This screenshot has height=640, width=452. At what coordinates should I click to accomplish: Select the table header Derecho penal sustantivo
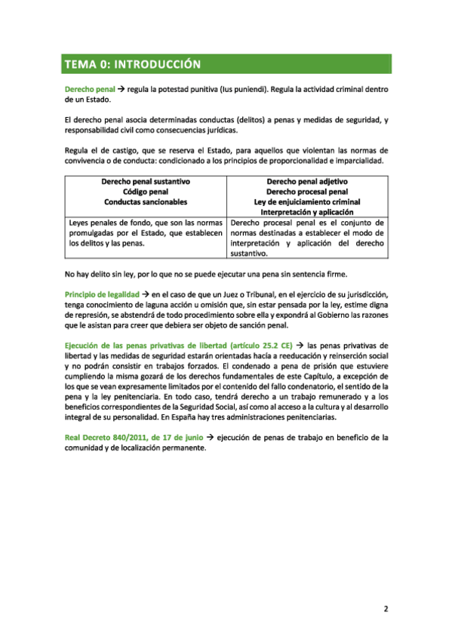click(x=144, y=182)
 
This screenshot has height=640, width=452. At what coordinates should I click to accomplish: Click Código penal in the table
click(x=144, y=192)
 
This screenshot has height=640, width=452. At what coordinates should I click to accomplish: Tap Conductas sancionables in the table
click(x=144, y=202)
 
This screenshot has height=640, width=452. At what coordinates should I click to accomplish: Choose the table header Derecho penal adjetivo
click(x=307, y=182)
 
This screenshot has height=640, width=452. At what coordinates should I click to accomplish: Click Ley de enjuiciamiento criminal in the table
click(x=307, y=202)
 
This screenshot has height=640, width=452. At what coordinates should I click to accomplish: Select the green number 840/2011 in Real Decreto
click(x=129, y=437)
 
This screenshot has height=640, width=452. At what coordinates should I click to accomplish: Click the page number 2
click(x=386, y=608)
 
